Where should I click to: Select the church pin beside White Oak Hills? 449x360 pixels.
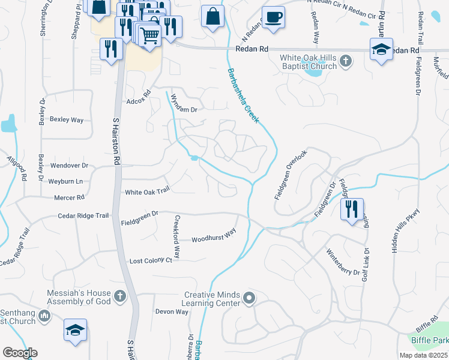click(346, 61)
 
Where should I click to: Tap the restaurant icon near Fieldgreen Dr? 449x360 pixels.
click(352, 209)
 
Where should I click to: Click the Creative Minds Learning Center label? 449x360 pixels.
click(212, 299)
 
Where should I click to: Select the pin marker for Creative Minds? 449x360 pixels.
click(249, 298)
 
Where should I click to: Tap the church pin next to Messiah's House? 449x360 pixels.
click(120, 296)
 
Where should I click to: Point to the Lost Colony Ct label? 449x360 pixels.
click(151, 261)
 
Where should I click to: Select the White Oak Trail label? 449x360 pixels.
click(147, 192)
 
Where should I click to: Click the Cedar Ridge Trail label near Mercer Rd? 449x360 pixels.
click(83, 215)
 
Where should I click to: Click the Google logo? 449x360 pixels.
click(20, 353)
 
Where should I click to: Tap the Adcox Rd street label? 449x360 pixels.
click(137, 101)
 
